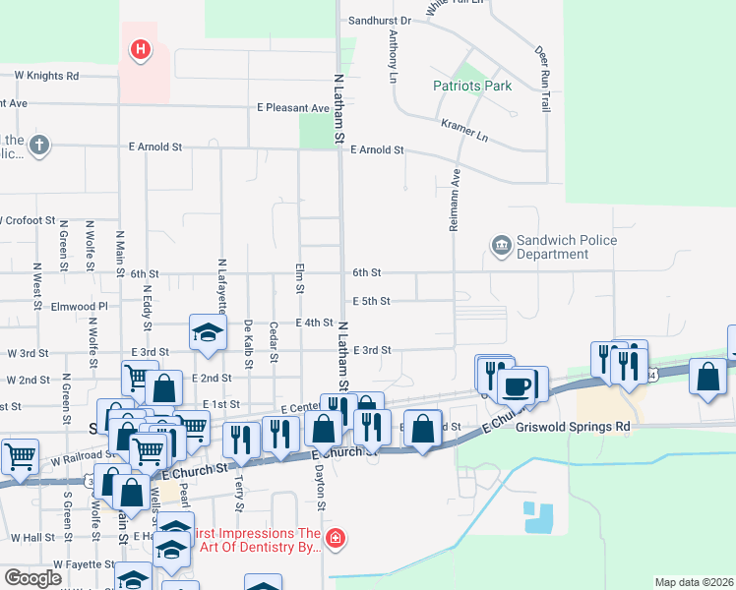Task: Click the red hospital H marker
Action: (142, 48)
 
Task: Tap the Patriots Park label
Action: (472, 86)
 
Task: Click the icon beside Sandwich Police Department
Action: (500, 244)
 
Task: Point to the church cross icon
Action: (38, 147)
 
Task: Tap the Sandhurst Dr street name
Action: (379, 20)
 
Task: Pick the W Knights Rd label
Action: (46, 76)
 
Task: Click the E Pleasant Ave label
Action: (293, 108)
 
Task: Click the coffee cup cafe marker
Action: (517, 384)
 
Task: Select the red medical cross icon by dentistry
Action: (336, 539)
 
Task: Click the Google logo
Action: (32, 577)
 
